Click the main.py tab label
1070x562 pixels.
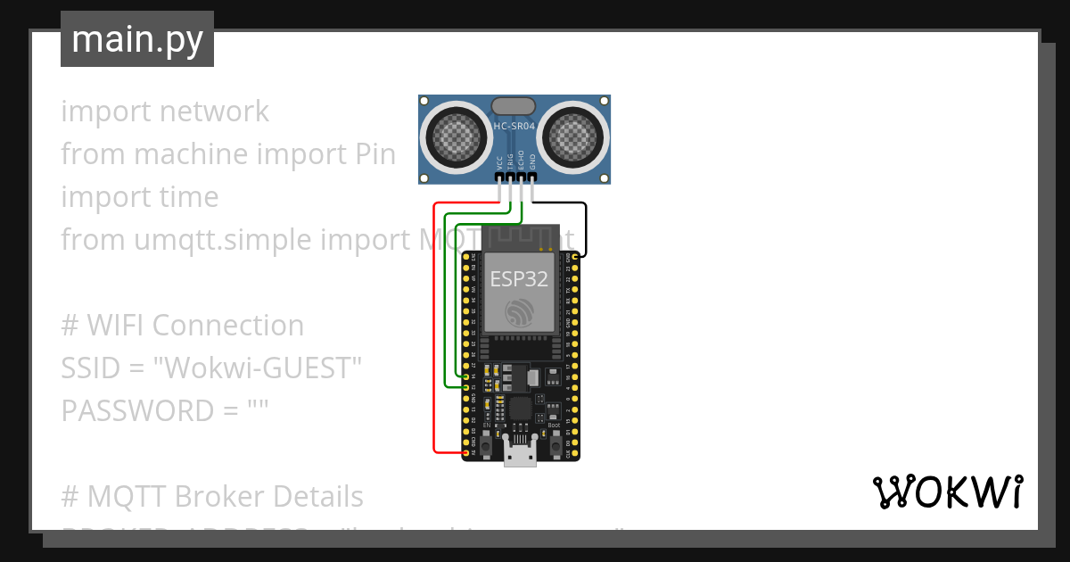coord(137,39)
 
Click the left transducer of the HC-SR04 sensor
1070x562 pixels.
coord(456,136)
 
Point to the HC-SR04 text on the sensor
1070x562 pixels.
coord(514,127)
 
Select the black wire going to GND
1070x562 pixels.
coord(586,227)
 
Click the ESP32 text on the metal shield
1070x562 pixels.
coord(518,278)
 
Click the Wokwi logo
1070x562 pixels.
coord(946,492)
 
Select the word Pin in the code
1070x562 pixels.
coord(369,154)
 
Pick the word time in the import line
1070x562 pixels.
coord(184,197)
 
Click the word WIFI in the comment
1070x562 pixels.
coord(115,326)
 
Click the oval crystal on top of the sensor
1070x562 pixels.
coord(514,107)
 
